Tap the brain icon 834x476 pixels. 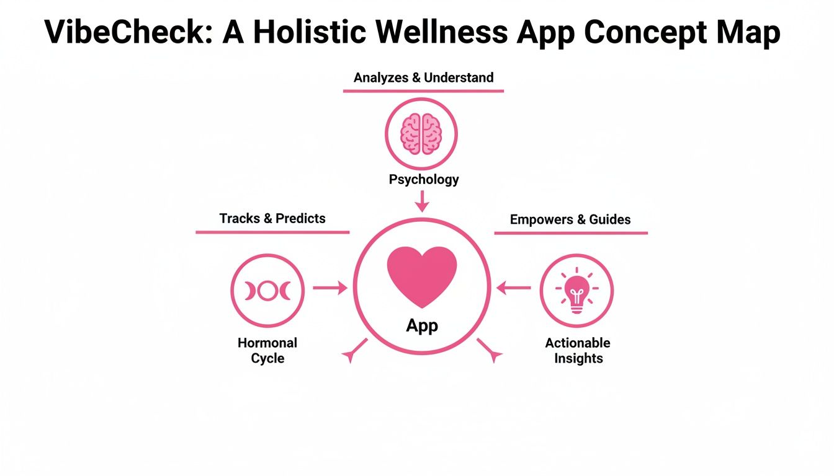pos(421,133)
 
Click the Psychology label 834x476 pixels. pos(424,180)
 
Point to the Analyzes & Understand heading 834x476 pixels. pos(423,78)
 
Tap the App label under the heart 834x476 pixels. pos(422,325)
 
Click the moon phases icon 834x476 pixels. pos(267,290)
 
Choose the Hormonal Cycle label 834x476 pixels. pos(267,351)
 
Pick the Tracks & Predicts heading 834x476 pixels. pos(272,219)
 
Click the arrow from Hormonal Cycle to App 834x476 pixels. pos(330,288)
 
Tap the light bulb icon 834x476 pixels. pos(576,290)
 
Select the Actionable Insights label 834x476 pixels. pos(578,351)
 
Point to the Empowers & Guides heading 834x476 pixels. pos(570,220)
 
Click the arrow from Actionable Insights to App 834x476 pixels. pos(514,288)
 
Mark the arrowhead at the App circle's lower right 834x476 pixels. pos(494,355)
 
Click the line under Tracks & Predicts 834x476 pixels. pos(272,232)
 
